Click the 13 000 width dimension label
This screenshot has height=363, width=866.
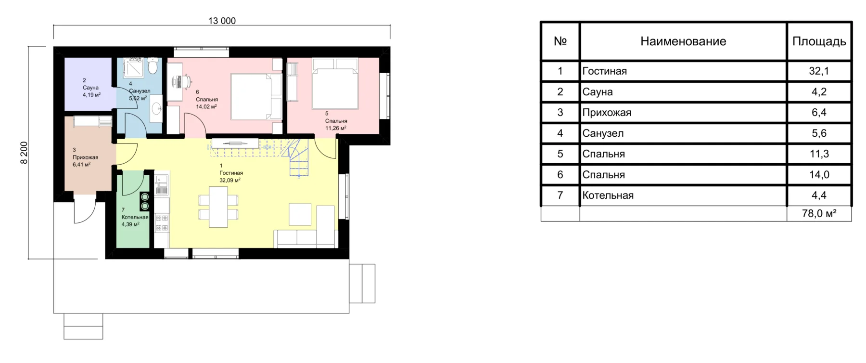tap(222, 21)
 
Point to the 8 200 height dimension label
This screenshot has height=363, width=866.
tap(24, 152)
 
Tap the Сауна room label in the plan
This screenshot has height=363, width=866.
tap(90, 88)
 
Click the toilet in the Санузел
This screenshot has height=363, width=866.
tap(153, 66)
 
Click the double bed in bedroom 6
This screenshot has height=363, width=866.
tap(256, 96)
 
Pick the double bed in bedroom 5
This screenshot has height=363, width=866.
tap(335, 83)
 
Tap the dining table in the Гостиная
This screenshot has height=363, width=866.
tap(218, 207)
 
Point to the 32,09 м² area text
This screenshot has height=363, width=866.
tap(230, 181)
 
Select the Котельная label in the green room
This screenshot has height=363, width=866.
tap(135, 217)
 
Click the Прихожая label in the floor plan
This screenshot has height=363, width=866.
tap(85, 157)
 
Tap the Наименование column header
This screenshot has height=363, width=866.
tap(683, 41)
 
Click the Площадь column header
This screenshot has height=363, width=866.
tap(819, 42)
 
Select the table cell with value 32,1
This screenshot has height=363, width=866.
tap(819, 71)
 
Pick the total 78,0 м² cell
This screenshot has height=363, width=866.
tap(819, 214)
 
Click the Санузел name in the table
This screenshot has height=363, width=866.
tap(603, 133)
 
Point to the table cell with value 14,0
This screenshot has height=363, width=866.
tap(819, 175)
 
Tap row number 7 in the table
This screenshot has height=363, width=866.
tap(560, 195)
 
